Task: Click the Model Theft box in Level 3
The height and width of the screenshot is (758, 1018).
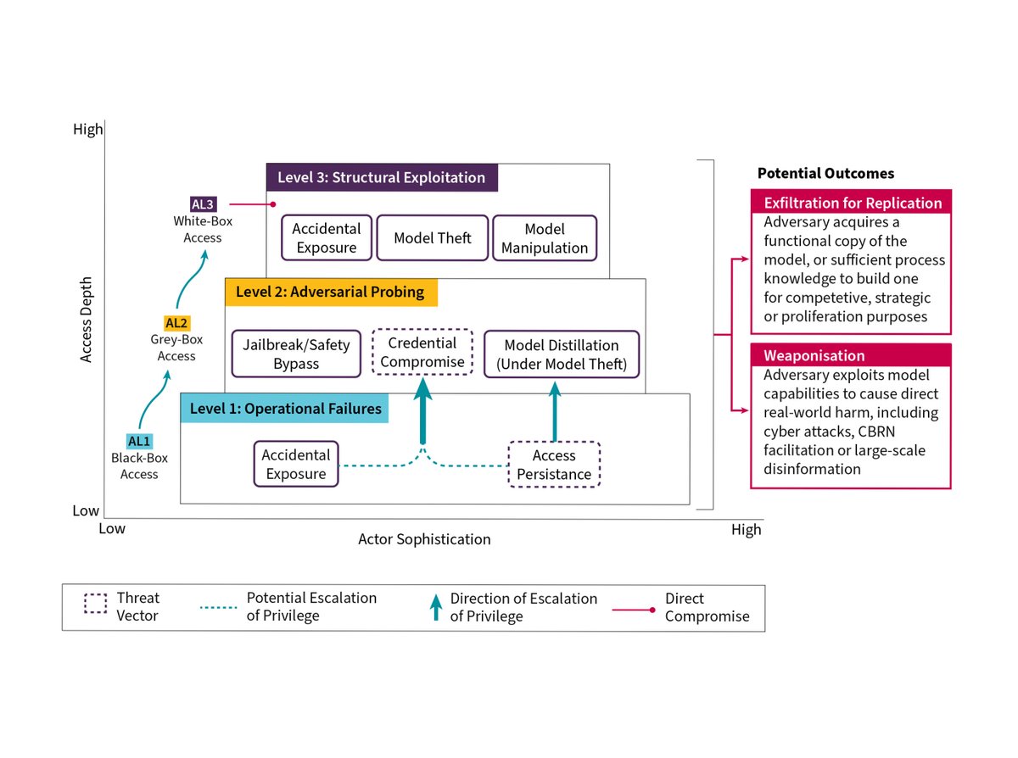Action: [x=432, y=237]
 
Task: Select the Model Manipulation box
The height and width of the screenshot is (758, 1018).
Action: [x=545, y=237]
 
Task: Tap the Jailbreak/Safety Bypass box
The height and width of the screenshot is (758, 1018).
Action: [x=296, y=354]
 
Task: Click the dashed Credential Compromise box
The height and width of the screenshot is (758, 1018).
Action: [x=422, y=352]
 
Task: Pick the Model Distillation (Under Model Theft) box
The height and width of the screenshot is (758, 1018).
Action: [x=562, y=354]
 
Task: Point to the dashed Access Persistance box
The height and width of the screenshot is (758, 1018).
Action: [x=554, y=464]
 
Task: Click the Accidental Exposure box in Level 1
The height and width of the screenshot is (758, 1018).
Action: [x=296, y=464]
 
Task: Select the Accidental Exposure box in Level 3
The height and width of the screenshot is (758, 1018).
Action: [x=327, y=237]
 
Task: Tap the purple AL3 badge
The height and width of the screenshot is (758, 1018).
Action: [x=204, y=204]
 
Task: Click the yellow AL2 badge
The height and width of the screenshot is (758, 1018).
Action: [x=176, y=323]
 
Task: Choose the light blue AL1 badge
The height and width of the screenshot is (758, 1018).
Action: [x=139, y=441]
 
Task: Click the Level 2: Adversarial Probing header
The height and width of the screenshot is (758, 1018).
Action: [x=331, y=292]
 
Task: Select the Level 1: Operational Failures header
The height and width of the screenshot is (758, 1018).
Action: [x=284, y=408]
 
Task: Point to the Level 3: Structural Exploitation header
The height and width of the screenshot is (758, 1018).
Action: [x=382, y=177]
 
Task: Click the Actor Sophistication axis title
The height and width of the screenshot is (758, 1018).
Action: [x=424, y=538]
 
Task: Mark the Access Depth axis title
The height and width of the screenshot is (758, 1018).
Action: [x=86, y=320]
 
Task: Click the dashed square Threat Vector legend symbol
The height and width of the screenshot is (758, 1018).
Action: [x=96, y=603]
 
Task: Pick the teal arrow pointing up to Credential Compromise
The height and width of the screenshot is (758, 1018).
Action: [x=422, y=410]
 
